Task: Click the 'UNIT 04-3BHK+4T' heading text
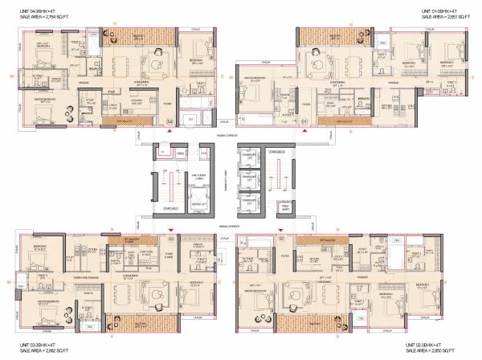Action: (x=34, y=8)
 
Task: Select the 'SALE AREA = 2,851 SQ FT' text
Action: (x=450, y=14)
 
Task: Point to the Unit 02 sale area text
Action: (x=450, y=352)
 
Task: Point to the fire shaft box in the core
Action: (x=283, y=207)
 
